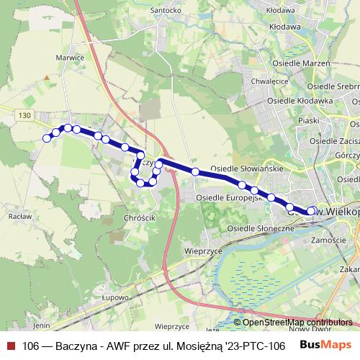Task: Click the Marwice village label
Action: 71,58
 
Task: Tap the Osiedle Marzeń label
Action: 302,63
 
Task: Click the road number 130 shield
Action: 26,115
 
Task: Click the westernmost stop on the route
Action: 47,138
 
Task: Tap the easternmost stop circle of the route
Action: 312,211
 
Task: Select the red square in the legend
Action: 10,345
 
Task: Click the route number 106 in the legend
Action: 31,345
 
